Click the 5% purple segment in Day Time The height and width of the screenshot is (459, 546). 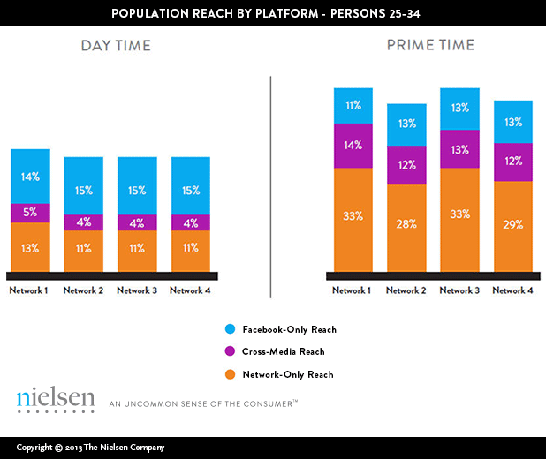coord(30,213)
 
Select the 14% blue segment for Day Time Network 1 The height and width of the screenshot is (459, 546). coord(30,177)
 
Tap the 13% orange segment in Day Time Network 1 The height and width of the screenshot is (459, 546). coord(30,247)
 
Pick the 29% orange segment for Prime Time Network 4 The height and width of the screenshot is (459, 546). coord(513,226)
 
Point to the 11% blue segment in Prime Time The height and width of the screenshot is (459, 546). coord(353,106)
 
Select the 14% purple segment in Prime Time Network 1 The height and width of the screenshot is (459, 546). coord(353,146)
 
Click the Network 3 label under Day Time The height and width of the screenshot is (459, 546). coord(137,290)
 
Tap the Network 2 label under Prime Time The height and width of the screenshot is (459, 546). coord(406,290)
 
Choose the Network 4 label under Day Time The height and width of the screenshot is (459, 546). coord(190,290)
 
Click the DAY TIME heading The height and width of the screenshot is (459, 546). coord(116,46)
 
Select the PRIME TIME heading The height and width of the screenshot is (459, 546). coord(430,45)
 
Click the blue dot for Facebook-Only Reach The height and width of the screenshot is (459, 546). coord(230,329)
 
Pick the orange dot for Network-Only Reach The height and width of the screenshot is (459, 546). coord(230,374)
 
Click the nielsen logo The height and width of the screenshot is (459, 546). coord(55,399)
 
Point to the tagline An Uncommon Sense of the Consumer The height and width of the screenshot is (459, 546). coord(203,403)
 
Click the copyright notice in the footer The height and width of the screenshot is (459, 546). coord(90,448)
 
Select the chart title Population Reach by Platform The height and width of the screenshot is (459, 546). coord(273,14)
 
